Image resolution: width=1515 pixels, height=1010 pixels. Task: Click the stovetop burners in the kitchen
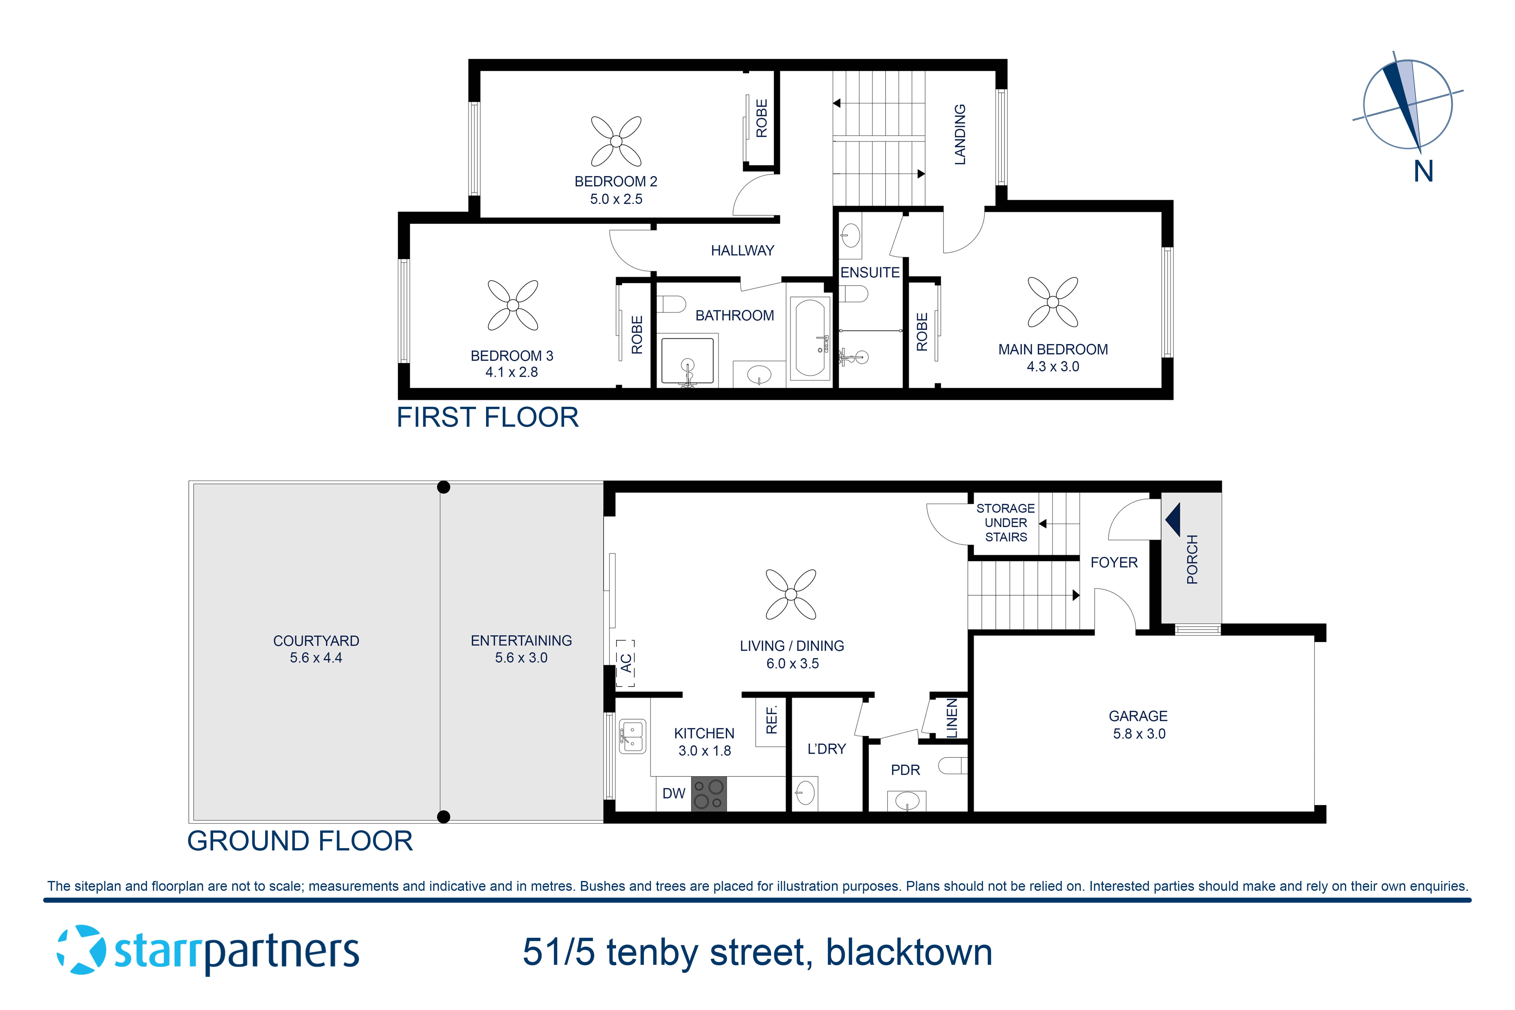[709, 794]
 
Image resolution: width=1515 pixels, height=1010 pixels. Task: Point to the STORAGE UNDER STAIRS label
[1005, 522]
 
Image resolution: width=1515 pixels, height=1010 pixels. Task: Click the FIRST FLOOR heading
[488, 417]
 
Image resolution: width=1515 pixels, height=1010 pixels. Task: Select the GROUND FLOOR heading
[300, 841]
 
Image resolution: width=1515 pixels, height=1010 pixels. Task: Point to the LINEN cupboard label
[951, 718]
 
